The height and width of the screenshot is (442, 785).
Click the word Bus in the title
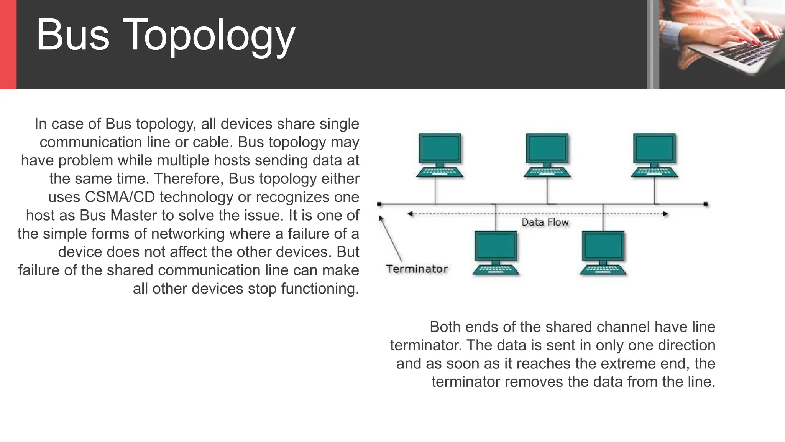click(73, 35)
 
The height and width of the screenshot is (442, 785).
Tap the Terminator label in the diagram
click(417, 269)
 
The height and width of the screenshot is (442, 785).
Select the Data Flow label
click(545, 223)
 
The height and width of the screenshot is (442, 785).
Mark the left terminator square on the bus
click(379, 204)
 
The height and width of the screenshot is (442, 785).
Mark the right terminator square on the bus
click(706, 204)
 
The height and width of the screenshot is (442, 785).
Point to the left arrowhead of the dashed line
click(410, 214)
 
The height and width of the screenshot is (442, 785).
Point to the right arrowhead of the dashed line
click(666, 214)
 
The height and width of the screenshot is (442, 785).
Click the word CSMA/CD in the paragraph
click(120, 197)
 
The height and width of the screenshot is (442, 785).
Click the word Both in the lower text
click(445, 327)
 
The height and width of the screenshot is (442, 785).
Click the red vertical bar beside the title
click(8, 45)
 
